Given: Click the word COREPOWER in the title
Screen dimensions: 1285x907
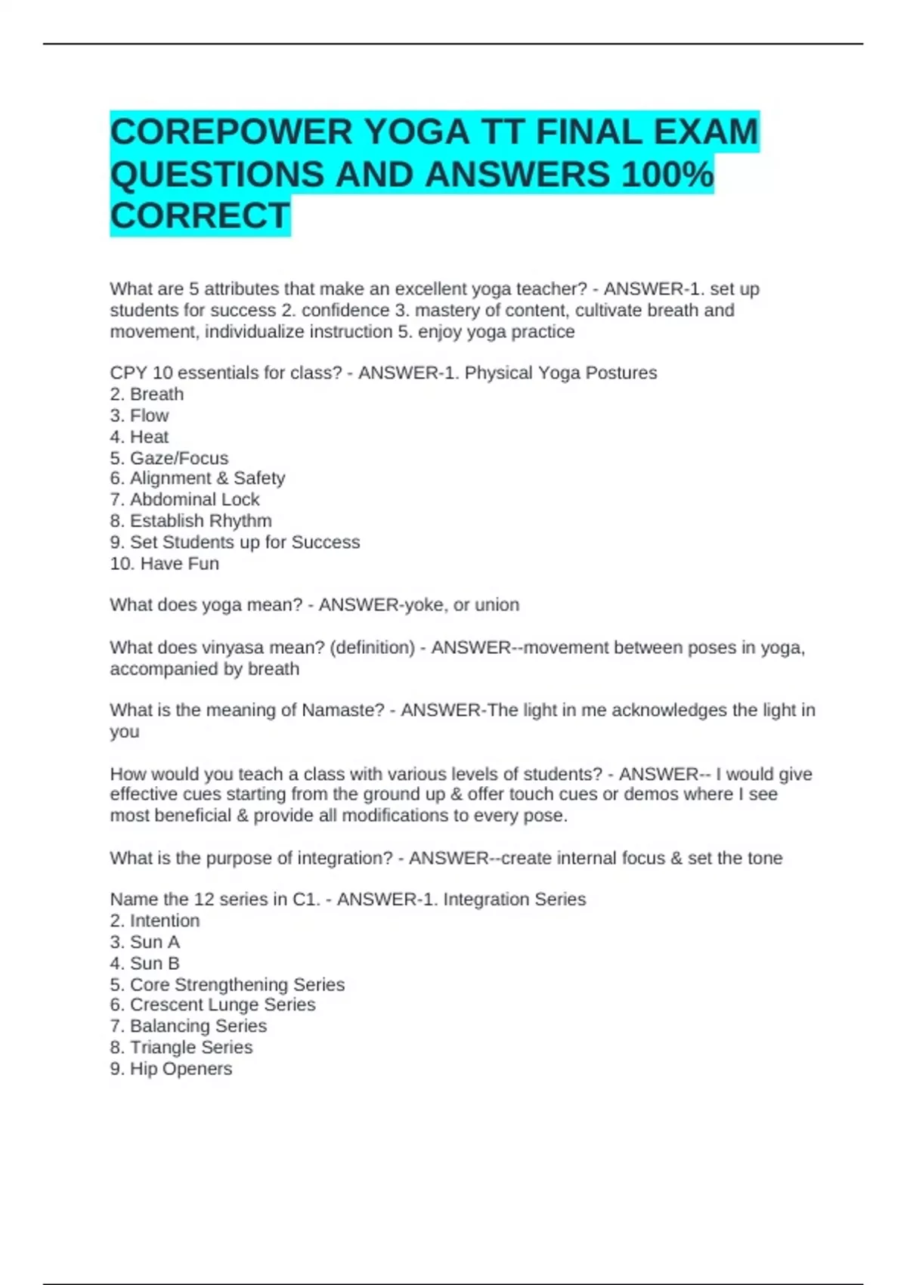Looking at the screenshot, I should pos(231,132).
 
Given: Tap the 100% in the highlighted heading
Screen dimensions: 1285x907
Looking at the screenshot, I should pos(667,175).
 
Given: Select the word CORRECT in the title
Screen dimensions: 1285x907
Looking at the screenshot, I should pos(200,216).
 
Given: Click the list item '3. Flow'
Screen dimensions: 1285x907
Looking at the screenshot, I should pos(139,416).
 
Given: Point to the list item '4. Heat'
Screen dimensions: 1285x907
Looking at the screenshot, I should pos(139,437).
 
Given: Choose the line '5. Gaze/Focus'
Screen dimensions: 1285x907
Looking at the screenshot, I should pos(169,458).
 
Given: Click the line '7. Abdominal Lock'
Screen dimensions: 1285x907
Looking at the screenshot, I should pos(184,500).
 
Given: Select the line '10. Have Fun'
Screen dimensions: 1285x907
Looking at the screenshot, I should pos(164,564).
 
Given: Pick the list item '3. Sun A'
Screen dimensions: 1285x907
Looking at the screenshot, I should pos(144,943).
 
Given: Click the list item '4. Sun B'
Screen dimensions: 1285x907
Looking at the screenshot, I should pos(144,964).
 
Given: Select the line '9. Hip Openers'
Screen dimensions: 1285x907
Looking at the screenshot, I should pos(171,1069).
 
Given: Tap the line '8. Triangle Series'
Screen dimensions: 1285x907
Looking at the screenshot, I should pos(181,1048).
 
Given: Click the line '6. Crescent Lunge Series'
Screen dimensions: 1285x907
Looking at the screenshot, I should pos(212,1005).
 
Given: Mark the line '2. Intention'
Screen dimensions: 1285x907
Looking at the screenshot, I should pos(155,921).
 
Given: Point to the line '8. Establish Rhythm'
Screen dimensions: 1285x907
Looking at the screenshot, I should pos(190,521).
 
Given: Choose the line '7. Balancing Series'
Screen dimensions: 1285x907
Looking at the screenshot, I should pos(188,1026).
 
